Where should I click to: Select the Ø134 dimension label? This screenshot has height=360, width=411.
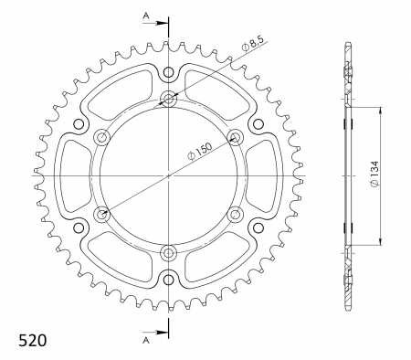tap(374, 174)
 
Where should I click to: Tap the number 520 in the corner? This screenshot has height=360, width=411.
tap(33, 340)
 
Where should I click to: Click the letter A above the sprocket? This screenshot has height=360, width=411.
tap(146, 16)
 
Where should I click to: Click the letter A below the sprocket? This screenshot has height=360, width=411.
tap(146, 340)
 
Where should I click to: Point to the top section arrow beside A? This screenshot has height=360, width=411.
tap(157, 23)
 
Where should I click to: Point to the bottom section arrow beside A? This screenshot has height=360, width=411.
tap(157, 333)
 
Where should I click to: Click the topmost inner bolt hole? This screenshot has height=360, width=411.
tap(168, 99)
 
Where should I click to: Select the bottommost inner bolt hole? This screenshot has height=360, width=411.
tap(168, 252)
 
